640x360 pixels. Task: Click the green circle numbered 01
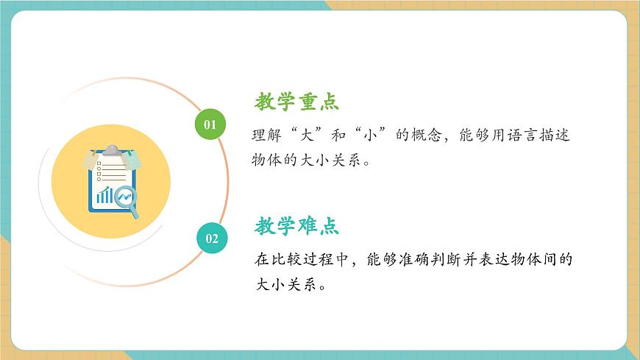tap(210, 124)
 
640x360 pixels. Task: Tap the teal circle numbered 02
tap(212, 238)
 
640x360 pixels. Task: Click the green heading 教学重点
tap(297, 102)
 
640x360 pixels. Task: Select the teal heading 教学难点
tap(297, 226)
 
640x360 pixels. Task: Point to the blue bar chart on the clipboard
tap(105, 195)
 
